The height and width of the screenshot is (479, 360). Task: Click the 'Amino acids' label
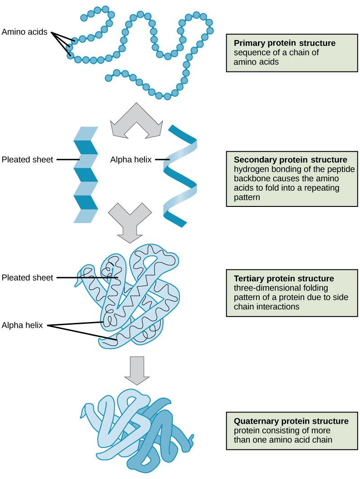24,32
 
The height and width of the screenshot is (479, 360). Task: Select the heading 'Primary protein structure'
284,44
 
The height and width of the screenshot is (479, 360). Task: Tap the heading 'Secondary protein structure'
290,160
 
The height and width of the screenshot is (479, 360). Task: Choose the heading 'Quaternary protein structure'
291,421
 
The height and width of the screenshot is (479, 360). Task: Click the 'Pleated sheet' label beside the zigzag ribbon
27,159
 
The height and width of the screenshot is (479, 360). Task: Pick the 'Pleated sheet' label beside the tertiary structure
27,278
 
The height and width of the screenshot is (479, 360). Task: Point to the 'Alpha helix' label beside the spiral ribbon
130,159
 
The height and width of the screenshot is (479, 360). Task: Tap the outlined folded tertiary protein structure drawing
135,297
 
